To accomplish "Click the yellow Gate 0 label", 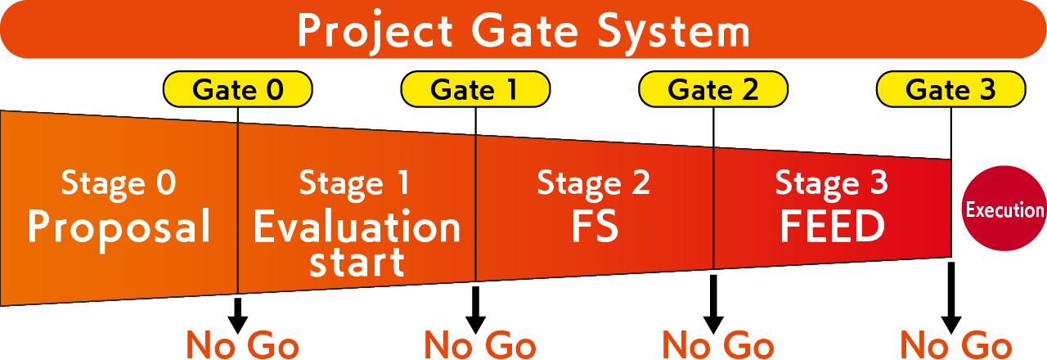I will click(238, 89).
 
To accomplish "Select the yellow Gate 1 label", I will click(475, 89).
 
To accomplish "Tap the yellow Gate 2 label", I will click(713, 89).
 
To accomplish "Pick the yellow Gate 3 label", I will click(951, 89).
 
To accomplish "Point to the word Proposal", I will click(119, 227).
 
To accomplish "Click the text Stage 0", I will click(119, 183).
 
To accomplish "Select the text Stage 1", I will click(356, 183).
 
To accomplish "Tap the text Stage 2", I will click(594, 183).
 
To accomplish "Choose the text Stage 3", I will click(831, 183).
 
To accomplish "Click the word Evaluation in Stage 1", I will click(357, 228).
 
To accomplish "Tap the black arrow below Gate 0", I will click(238, 315).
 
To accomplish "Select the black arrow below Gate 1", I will click(475, 309).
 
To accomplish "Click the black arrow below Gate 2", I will click(713, 304).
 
